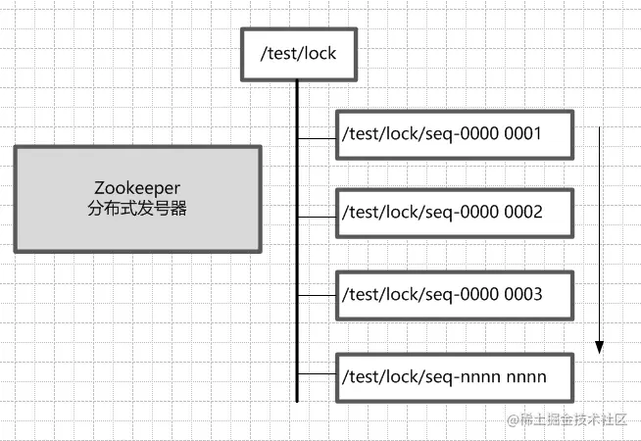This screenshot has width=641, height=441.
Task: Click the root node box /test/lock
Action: tap(297, 54)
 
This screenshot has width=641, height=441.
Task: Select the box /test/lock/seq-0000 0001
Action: tap(454, 133)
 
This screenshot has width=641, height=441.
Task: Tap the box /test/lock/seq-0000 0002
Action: tap(454, 213)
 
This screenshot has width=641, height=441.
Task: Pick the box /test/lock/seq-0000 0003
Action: tap(454, 294)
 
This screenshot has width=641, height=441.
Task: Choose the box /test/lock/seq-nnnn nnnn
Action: tap(454, 376)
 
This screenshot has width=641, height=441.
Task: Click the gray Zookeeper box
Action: tap(137, 198)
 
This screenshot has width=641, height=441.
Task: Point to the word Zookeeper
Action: tap(137, 187)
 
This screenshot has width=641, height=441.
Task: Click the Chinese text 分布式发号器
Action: tap(137, 209)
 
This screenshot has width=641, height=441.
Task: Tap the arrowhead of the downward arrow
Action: tap(600, 346)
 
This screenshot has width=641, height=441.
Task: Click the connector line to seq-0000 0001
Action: tap(316, 138)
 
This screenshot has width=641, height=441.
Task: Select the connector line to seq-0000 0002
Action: tap(316, 217)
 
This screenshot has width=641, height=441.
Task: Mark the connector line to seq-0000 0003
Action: tap(316, 295)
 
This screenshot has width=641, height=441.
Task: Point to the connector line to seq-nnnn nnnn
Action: tap(316, 373)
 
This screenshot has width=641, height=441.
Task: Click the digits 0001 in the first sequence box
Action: tap(523, 132)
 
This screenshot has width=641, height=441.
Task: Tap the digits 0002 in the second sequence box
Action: tap(523, 212)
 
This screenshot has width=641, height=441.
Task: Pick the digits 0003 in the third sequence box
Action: tap(523, 293)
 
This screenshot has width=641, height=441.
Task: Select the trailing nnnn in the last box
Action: tap(525, 376)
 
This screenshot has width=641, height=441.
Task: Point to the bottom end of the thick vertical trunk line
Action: tap(297, 399)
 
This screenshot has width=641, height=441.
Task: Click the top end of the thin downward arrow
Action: tap(600, 125)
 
